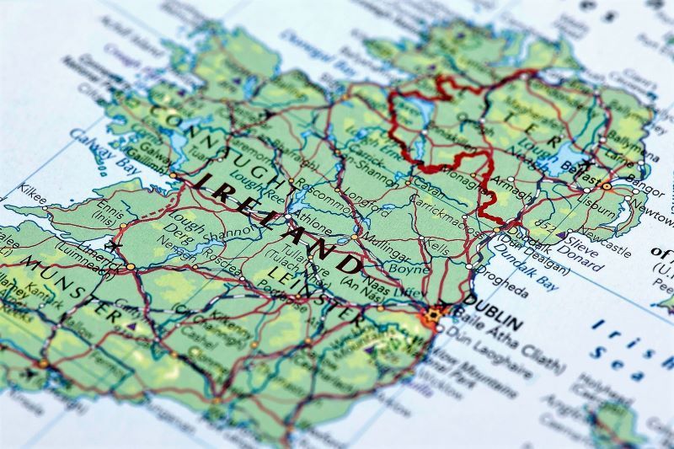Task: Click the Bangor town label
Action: pos(646,184)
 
